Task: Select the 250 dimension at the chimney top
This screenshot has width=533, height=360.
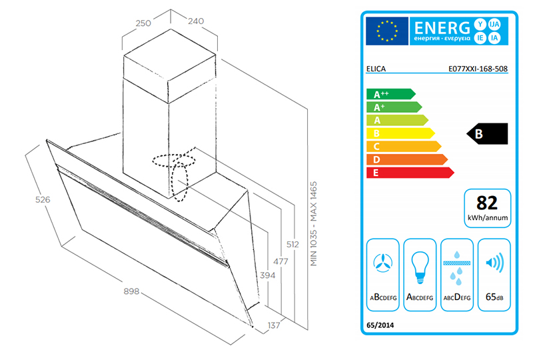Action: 144,22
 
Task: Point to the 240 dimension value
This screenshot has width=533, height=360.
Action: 195,21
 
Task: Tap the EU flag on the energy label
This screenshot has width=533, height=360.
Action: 386,30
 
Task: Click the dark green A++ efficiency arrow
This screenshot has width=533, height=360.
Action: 390,95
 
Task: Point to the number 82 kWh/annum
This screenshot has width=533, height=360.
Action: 488,202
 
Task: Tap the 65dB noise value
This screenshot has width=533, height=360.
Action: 494,297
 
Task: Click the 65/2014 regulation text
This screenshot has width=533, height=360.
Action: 380,325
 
